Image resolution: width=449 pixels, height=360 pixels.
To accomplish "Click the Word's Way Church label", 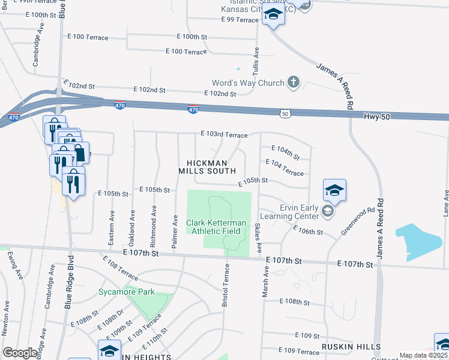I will tap(248, 83).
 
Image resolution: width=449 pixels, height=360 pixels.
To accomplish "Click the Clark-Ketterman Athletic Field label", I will tap(216, 227).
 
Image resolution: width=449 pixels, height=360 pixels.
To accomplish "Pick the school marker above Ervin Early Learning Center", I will tap(334, 190).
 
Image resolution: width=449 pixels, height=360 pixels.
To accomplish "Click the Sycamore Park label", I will tap(127, 292).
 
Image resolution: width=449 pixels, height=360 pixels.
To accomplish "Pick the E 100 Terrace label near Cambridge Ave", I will tap(88, 37).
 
